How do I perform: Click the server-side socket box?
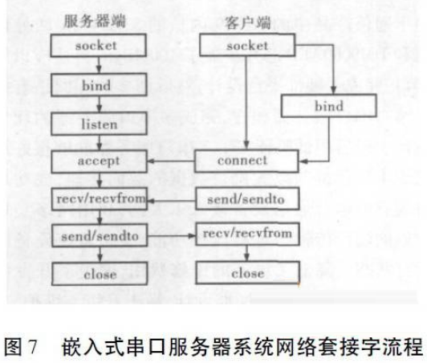[x=98, y=45]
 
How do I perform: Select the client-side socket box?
[x=247, y=45]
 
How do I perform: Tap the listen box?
[x=100, y=124]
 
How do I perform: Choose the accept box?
[x=100, y=161]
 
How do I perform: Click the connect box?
[x=246, y=161]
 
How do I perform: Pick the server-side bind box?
[x=99, y=85]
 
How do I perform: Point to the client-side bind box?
[x=329, y=106]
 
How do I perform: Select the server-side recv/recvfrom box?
[x=100, y=198]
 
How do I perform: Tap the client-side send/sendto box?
[x=247, y=198]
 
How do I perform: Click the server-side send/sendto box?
[x=100, y=236]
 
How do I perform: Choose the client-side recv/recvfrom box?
[x=247, y=234]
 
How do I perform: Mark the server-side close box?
[x=100, y=274]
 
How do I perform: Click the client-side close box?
[x=247, y=273]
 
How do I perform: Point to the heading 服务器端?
[x=95, y=21]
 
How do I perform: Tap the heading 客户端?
[x=247, y=22]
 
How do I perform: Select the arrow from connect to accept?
[x=171, y=161]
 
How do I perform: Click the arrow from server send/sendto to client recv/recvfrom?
[x=172, y=235]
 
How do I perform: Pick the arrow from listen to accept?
[x=100, y=142]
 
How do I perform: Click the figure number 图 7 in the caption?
[x=21, y=347]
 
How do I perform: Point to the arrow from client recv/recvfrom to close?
[x=247, y=253]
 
